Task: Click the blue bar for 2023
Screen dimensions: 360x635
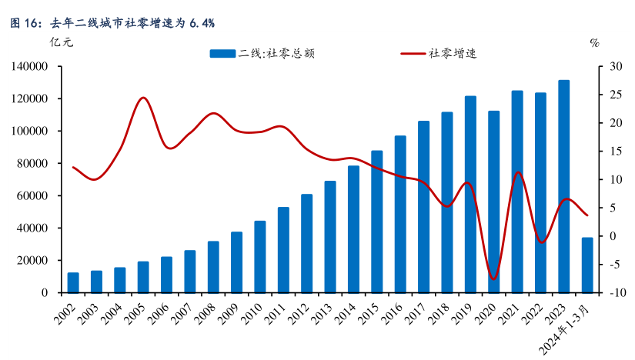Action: tap(564, 186)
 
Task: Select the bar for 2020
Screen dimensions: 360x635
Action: tap(494, 202)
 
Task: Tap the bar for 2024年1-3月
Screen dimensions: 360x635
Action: tap(587, 265)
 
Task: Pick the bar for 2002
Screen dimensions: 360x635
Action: tap(73, 282)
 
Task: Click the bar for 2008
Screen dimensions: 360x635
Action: tap(213, 267)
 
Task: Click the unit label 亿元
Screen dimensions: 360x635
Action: tap(61, 43)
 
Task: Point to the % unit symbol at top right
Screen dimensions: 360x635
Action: tap(593, 43)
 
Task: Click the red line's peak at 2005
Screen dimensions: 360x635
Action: tap(143, 98)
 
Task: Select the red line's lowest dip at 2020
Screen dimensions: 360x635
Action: tap(493, 279)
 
